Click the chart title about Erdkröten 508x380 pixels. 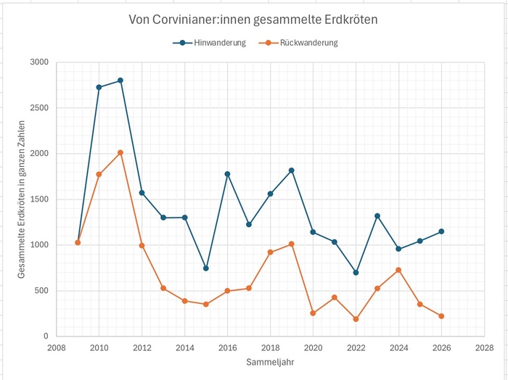pyautogui.click(x=253, y=20)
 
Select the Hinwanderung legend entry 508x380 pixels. pyautogui.click(x=210, y=43)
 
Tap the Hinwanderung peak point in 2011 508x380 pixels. pyautogui.click(x=120, y=80)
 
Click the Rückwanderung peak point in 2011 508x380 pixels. pyautogui.click(x=120, y=152)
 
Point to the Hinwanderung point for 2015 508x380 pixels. pyautogui.click(x=206, y=268)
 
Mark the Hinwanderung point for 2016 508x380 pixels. pyautogui.click(x=227, y=174)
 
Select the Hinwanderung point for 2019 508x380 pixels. pyautogui.click(x=292, y=170)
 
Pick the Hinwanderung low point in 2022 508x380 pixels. pyautogui.click(x=356, y=273)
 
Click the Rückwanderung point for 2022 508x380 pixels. pyautogui.click(x=356, y=319)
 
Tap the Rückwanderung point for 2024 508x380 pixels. pyautogui.click(x=398, y=270)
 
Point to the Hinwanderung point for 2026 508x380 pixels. pyautogui.click(x=441, y=231)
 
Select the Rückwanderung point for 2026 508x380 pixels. pyautogui.click(x=441, y=316)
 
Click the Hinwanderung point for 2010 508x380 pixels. pyautogui.click(x=99, y=87)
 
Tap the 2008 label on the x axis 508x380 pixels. pyautogui.click(x=56, y=348)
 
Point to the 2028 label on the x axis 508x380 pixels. pyautogui.click(x=484, y=348)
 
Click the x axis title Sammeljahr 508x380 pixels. pyautogui.click(x=270, y=362)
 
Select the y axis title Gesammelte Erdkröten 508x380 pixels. pyautogui.click(x=21, y=199)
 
